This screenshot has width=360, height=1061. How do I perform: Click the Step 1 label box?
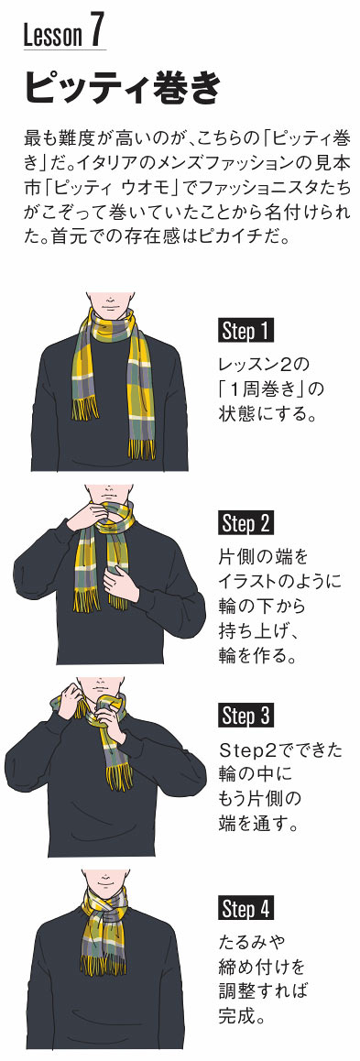click(246, 332)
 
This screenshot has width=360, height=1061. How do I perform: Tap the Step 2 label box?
click(246, 524)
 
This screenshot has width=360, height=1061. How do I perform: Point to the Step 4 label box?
click(246, 908)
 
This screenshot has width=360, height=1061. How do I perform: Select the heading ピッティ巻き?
click(123, 87)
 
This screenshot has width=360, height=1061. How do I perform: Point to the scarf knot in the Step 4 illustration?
click(108, 911)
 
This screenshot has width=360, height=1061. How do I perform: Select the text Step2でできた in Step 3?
click(280, 750)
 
